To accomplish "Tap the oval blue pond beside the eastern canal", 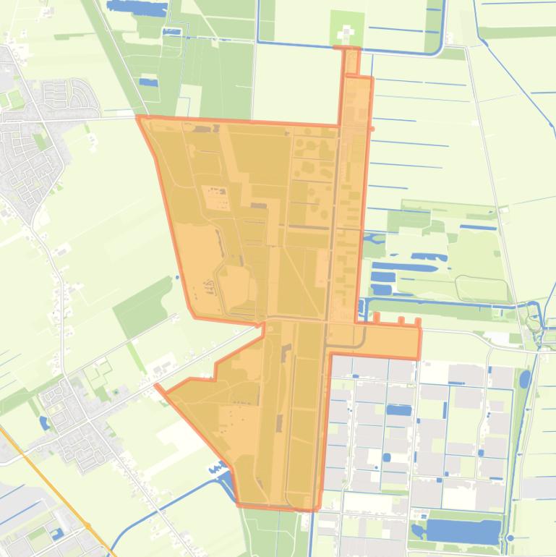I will coord(525,378).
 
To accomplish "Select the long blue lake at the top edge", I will coord(137,7).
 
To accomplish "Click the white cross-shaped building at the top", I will coord(346,33).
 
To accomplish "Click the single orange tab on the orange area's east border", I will coord(372,129).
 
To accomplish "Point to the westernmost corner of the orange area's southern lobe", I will coord(157,386).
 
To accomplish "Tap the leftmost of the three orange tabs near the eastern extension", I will coord(376,317).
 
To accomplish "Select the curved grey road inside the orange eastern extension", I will coord(360,338).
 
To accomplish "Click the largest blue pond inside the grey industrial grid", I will coord(398,410).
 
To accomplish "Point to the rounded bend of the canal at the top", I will coord(436,50).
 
